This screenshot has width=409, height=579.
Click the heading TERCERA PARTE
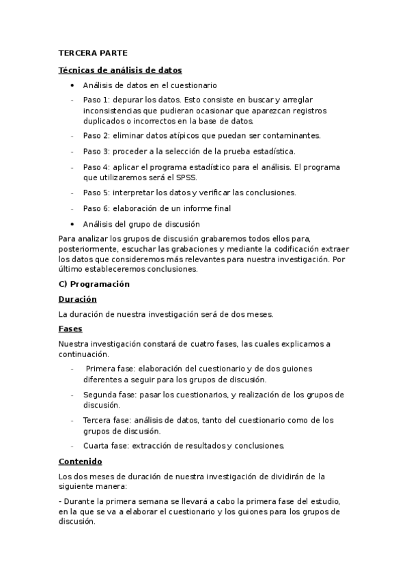[x=88, y=53]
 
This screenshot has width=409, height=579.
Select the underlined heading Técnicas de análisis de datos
[x=119, y=70]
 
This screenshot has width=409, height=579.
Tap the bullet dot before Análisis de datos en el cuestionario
[x=73, y=85]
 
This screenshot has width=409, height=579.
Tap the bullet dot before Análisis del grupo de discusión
[x=73, y=224]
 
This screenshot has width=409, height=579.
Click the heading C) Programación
[x=94, y=283]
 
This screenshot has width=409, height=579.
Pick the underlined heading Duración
[x=77, y=299]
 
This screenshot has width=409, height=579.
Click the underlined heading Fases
[x=70, y=329]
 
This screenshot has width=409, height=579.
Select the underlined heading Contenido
[x=80, y=461]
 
